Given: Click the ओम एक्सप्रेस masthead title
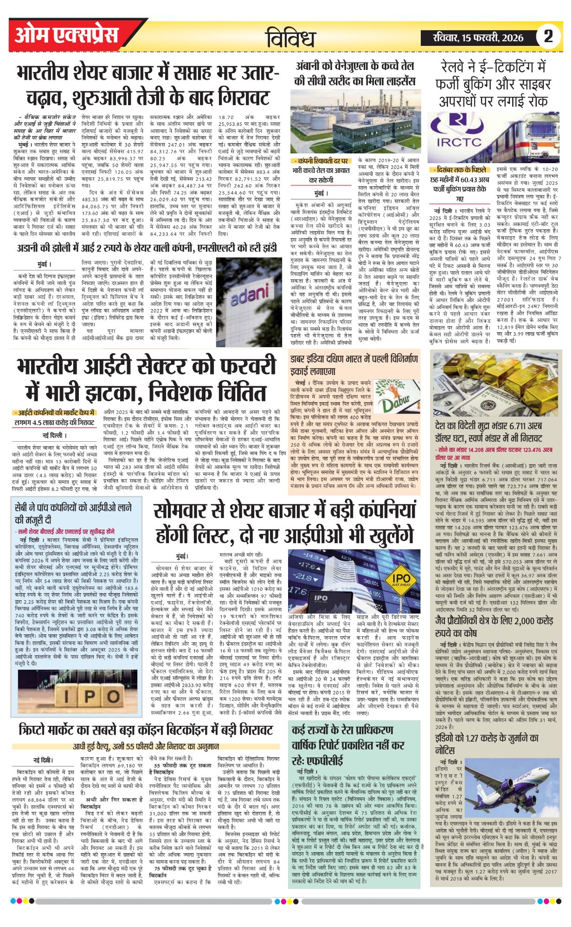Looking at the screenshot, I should point(67,36).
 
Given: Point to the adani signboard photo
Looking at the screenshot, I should point(249,295).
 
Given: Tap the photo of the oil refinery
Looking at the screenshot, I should point(355,121).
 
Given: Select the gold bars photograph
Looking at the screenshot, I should point(496,384).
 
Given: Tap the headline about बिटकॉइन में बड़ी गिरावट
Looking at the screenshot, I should point(146,730).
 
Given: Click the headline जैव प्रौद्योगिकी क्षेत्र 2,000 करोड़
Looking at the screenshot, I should point(494,627).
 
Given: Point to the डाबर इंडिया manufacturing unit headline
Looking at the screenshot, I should point(354,365).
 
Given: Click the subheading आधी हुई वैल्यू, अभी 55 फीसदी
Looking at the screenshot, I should point(146,747).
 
